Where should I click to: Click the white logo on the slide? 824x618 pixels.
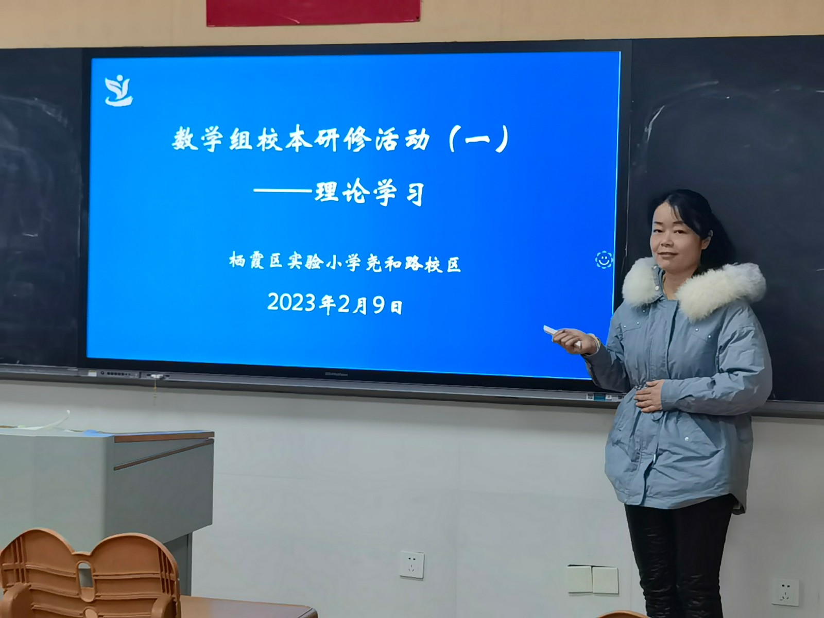pos(118,91)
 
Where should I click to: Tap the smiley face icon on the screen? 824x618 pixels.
pos(604,259)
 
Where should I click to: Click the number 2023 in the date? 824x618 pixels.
pos(291,302)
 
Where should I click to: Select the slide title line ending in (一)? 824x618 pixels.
pos(340,139)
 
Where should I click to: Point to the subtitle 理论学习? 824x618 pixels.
pos(370,194)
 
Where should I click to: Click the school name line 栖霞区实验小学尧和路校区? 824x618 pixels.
pos(345,263)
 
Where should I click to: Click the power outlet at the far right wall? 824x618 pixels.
pos(785,593)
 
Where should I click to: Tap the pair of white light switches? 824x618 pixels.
pos(593,580)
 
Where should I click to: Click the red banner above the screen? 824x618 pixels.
pos(313,12)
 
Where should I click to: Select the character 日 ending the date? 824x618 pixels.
pos(397,307)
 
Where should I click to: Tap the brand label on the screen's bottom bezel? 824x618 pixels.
pos(336,374)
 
